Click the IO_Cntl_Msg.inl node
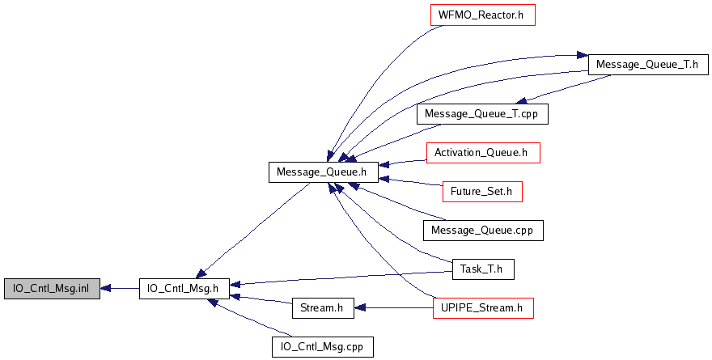coord(52,288)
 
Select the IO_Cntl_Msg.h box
coord(184,288)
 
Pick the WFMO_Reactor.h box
coord(483,16)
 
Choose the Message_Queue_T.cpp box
coord(482,114)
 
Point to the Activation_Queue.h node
coord(482,152)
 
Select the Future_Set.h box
coord(482,192)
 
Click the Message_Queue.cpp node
coord(482,231)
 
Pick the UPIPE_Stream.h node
coord(483,308)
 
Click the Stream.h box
coord(322,308)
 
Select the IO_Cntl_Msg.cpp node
coord(323,347)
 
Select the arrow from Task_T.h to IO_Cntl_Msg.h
coord(340,277)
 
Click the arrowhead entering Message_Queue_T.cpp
coord(524,101)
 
